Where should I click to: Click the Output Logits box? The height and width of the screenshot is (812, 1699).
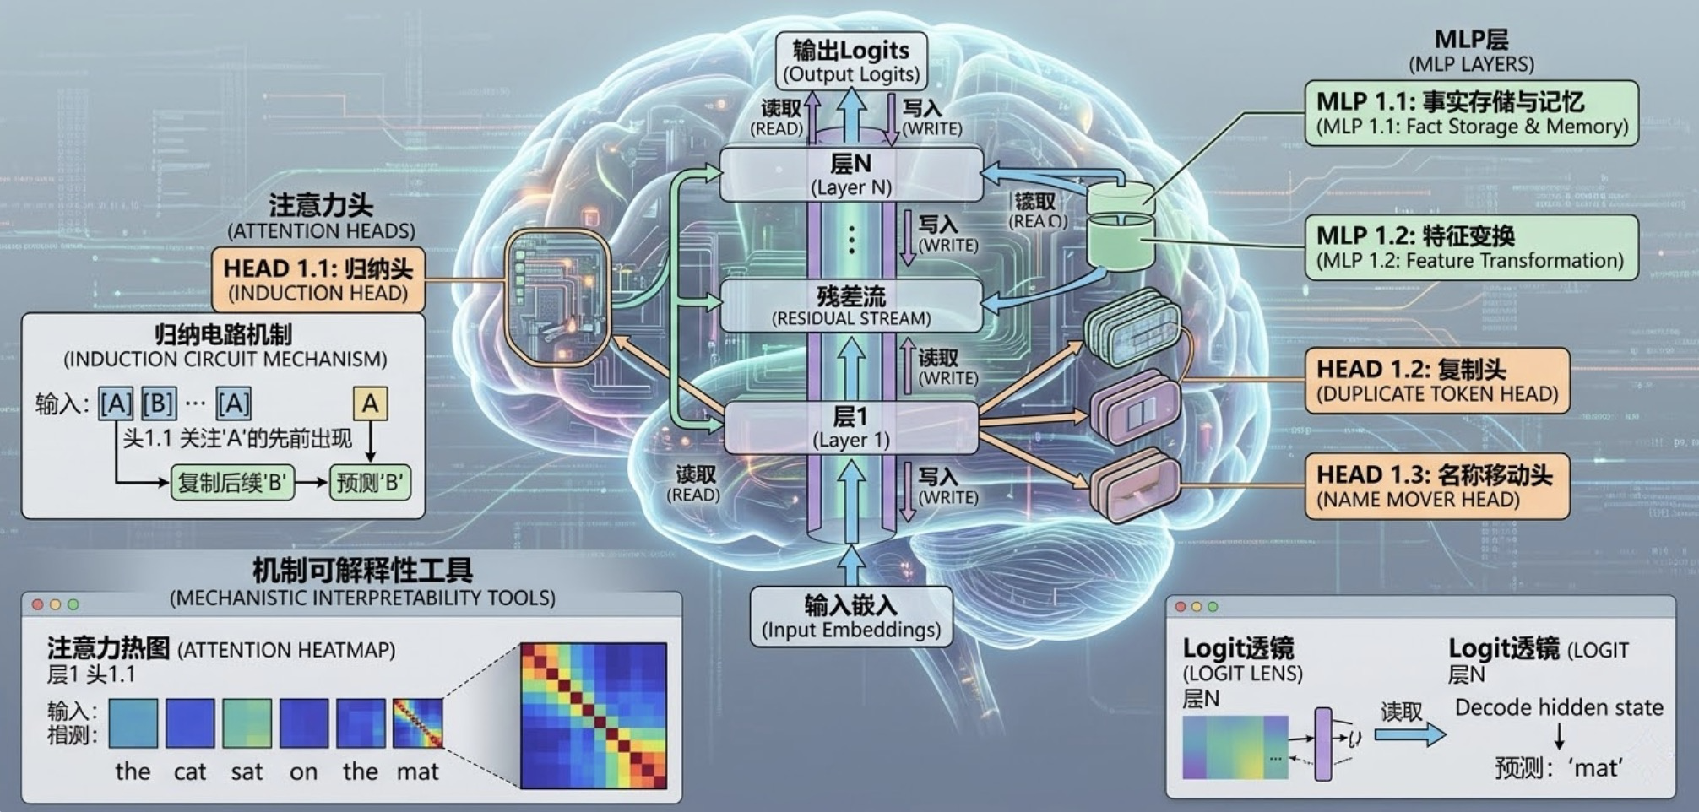coord(851,62)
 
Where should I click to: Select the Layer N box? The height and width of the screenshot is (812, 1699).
coord(851,174)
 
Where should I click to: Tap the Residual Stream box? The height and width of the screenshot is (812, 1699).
coord(851,306)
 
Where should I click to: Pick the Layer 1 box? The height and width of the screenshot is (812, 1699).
coord(851,427)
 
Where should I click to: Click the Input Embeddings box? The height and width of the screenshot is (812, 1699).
coord(851,617)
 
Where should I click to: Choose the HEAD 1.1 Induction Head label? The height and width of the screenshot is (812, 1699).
coord(318,280)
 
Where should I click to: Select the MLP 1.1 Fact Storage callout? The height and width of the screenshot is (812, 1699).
coord(1471,113)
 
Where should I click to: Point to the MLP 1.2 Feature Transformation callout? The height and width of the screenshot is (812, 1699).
coord(1471,247)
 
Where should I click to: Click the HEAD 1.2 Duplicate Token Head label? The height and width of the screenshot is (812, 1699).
coord(1436,381)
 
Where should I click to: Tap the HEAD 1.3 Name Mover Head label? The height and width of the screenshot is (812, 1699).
coord(1436,486)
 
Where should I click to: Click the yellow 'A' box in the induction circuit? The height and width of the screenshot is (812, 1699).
coord(370,403)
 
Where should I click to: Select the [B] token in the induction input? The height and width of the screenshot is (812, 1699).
coord(159,404)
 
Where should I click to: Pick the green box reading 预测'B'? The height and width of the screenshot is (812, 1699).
coord(370,483)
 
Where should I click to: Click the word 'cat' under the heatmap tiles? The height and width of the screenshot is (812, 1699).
coord(190,771)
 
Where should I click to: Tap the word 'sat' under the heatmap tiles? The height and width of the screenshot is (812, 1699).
coord(247,771)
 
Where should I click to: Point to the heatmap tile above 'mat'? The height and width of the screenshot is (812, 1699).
coord(418,723)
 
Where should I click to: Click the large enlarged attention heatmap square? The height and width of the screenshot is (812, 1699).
coord(593,716)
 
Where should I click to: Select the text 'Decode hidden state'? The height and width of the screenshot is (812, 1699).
coord(1559,707)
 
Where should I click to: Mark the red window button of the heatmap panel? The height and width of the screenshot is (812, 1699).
coord(37,604)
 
